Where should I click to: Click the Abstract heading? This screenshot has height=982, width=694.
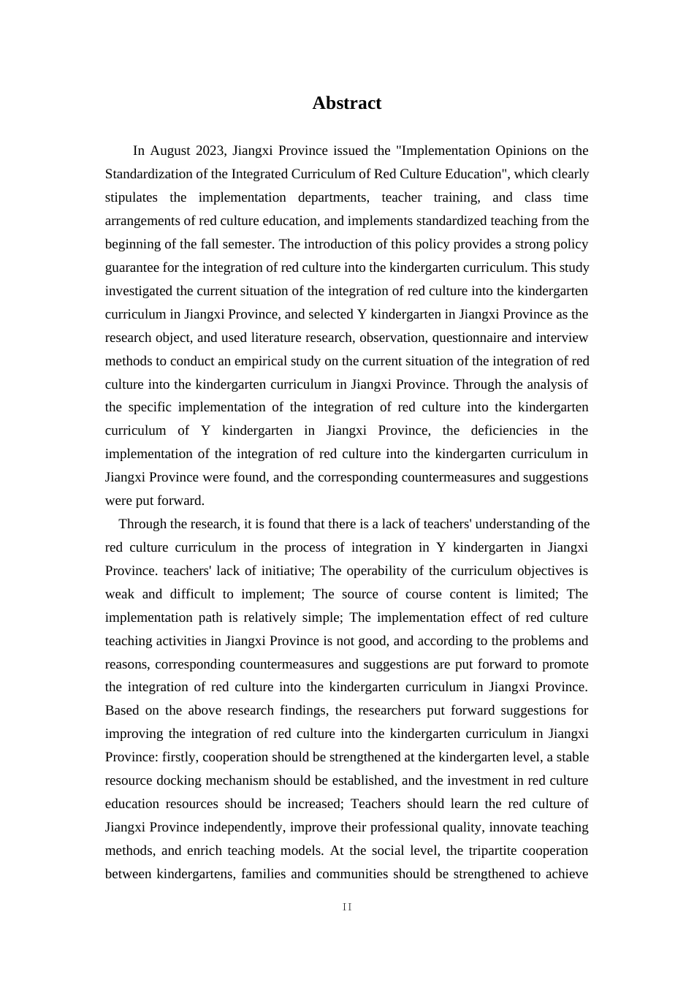346,103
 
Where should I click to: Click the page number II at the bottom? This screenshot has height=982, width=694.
347,907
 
